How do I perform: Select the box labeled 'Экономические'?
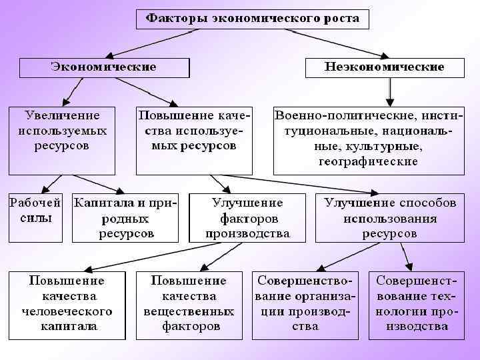105,67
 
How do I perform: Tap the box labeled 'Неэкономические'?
385,67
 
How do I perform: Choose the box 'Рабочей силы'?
34,217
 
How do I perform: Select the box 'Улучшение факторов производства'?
247,217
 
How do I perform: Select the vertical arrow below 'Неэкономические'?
391,89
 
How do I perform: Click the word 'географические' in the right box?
368,161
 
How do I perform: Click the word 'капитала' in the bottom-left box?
67,327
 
